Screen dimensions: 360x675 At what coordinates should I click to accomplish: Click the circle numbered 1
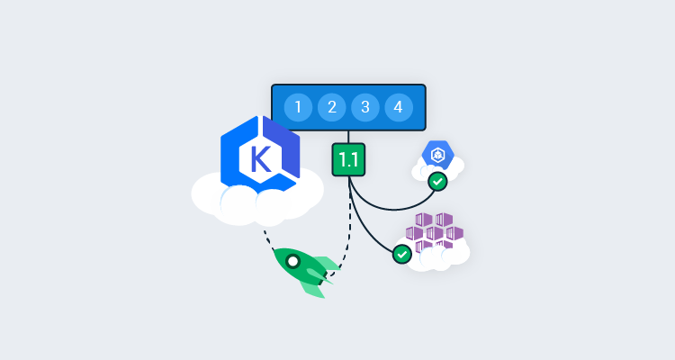[298, 108]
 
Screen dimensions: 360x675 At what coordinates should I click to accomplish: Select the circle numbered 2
[331, 108]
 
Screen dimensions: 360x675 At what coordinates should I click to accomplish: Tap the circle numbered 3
[364, 108]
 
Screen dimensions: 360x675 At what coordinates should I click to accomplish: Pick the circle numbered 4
[398, 108]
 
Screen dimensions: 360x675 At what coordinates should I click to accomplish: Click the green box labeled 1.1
[348, 159]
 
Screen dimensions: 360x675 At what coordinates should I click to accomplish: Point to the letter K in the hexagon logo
[260, 159]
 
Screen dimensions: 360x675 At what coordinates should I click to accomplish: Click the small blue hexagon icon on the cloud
[437, 155]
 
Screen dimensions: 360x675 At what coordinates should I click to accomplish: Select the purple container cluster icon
[435, 231]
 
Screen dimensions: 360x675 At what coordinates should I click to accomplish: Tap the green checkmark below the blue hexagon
[437, 181]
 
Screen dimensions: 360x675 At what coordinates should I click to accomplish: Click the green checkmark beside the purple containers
[402, 254]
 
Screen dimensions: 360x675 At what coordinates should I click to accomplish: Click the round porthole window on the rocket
[292, 261]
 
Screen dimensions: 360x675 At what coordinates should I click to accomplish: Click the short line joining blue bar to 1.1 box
[348, 137]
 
